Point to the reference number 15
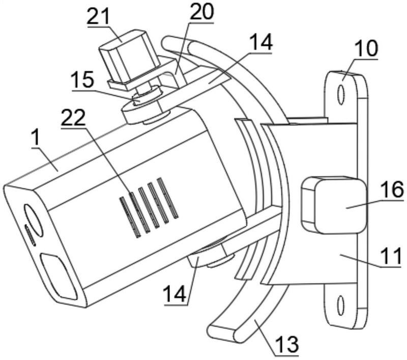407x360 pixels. click(83, 81)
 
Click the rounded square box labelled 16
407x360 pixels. click(334, 203)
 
